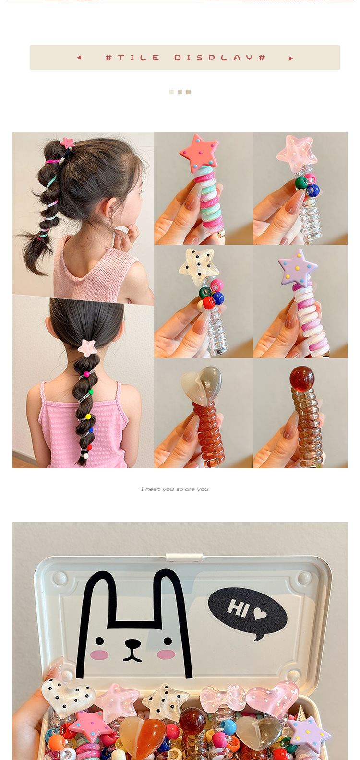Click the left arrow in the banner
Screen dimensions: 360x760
79,58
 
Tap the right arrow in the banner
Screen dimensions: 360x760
291,59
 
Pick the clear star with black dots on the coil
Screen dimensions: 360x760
199,265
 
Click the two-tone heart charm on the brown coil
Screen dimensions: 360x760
201,385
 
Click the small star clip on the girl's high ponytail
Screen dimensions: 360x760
67,143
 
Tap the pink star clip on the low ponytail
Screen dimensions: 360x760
87,347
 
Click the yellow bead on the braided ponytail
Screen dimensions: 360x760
88,416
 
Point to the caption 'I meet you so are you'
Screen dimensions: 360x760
175,489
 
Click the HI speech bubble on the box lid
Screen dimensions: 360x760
248,610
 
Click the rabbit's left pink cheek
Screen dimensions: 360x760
99,655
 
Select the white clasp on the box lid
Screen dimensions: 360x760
184,557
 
